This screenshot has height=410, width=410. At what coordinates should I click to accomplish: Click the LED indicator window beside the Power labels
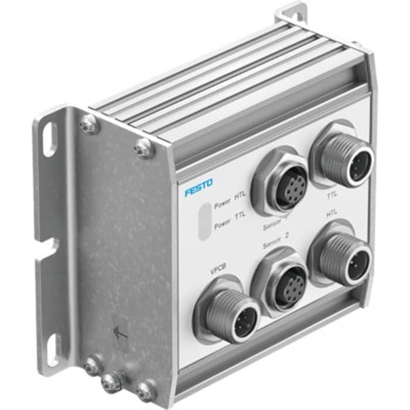(x=203, y=221)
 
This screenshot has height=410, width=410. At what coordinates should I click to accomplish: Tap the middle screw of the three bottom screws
(x=111, y=382)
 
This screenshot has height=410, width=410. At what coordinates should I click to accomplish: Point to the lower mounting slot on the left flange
(x=50, y=346)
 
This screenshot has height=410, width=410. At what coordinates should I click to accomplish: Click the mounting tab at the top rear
(x=293, y=13)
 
